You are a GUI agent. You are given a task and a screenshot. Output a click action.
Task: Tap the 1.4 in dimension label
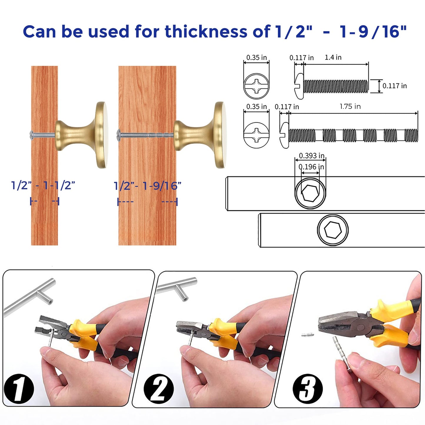333,57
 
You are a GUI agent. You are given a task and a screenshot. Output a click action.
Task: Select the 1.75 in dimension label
350,106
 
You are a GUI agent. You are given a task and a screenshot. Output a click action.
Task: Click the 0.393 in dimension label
311,156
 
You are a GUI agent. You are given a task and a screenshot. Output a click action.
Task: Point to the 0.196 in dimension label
311,167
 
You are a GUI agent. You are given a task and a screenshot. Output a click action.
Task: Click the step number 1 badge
19,389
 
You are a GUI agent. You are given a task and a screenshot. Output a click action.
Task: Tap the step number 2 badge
159,389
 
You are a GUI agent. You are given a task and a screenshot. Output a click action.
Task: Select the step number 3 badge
307,389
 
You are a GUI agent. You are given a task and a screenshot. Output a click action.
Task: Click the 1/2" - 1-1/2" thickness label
43,186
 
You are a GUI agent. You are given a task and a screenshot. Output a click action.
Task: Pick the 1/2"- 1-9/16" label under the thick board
147,186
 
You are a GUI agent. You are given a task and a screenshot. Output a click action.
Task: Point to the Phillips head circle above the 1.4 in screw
256,86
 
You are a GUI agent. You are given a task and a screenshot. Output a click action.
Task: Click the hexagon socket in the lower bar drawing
333,230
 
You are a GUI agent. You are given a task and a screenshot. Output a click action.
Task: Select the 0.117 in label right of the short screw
394,86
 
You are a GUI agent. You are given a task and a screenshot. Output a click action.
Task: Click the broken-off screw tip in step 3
308,334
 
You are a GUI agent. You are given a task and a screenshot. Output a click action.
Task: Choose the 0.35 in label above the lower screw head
256,106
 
